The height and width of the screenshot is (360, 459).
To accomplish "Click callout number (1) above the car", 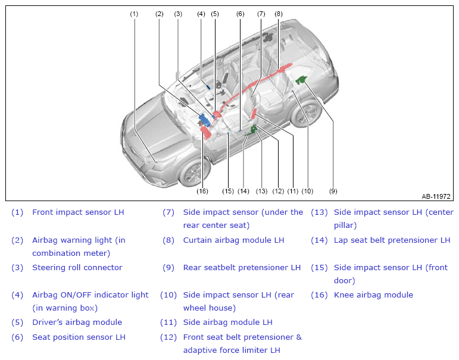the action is coord(134,14).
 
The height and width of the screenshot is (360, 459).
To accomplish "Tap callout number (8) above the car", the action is coord(279,14).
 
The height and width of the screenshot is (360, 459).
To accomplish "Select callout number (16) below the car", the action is coord(202,191).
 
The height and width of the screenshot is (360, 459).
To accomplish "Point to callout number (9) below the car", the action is coord(333,191).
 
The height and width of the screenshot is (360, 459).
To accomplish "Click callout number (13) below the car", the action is coord(261,191).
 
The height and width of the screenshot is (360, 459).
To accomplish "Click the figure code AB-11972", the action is coord(436,196).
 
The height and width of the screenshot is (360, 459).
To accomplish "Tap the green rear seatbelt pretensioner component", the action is coord(301,80).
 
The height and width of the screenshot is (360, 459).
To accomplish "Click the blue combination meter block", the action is coord(204,120).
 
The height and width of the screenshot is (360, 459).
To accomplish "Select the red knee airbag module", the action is coord(206,132).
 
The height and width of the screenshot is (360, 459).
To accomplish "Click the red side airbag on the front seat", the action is coord(254,113).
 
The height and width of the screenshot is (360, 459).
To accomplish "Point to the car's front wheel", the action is coord(193,171).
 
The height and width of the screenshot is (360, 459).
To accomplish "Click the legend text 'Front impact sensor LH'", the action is coord(78,212).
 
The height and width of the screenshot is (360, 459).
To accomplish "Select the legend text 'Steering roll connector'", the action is coord(77,268).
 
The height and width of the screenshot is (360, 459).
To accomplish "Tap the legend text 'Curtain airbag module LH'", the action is coord(233,240).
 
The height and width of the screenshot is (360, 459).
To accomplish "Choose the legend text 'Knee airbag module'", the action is coord(373,295).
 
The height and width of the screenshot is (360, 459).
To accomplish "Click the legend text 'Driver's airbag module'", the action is coord(77,323).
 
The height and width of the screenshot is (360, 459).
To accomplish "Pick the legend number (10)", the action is coord(168,295).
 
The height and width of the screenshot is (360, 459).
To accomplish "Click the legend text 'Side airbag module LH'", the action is coord(228,323).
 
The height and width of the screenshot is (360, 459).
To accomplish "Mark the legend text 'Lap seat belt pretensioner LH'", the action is coord(392,240).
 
